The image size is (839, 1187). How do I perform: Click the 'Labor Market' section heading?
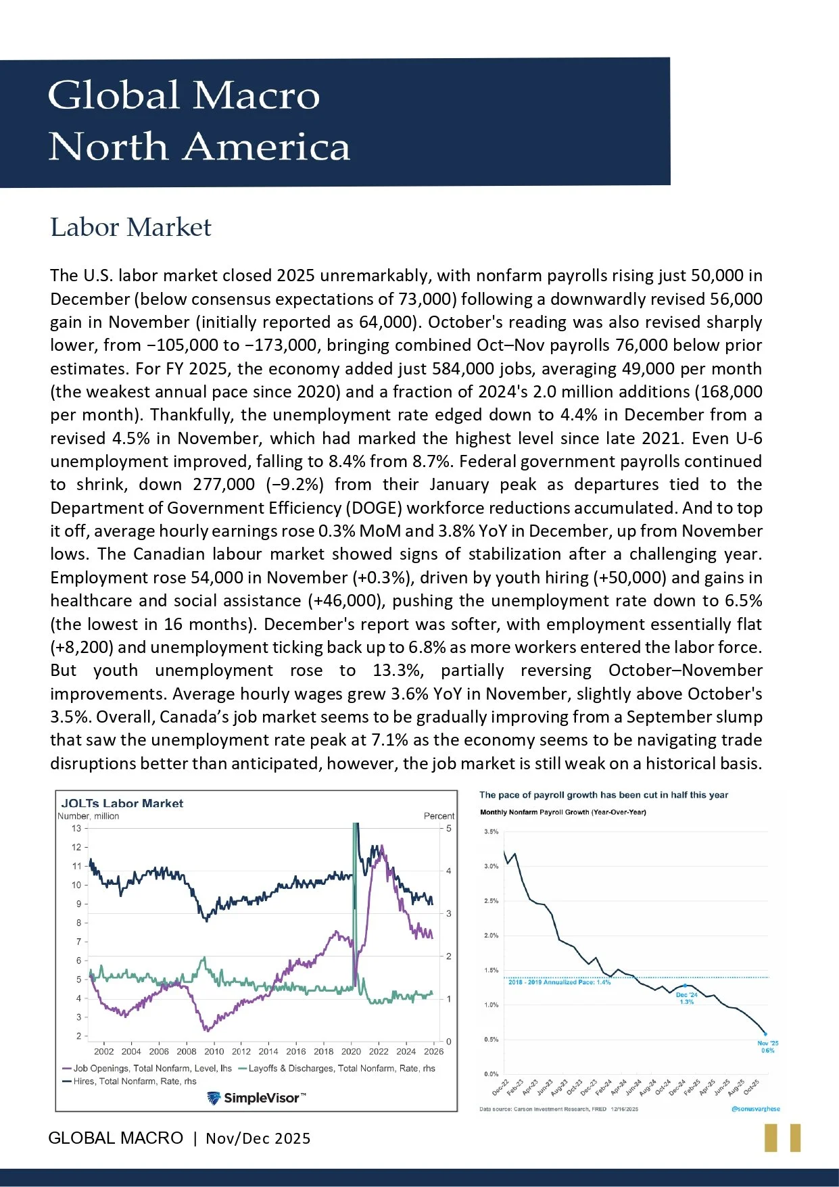130,227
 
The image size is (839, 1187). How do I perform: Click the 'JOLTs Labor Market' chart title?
122,803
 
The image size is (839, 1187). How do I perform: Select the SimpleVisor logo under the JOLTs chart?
256,1098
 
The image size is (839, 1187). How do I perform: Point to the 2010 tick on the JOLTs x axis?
214,1051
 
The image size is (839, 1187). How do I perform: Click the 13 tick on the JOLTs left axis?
76,828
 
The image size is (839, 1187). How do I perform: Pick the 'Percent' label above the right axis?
439,816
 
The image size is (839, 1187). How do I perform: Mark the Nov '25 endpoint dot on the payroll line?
765,1034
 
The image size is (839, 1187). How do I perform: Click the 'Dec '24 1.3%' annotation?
686,998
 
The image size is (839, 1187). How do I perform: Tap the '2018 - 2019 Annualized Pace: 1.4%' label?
559,982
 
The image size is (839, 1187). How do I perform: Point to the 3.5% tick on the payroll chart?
491,831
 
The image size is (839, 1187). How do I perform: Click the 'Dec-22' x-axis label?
500,1087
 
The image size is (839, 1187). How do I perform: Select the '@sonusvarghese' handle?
755,1109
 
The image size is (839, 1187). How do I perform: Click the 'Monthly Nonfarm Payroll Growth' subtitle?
562,812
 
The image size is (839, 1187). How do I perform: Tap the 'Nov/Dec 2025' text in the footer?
258,1138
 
